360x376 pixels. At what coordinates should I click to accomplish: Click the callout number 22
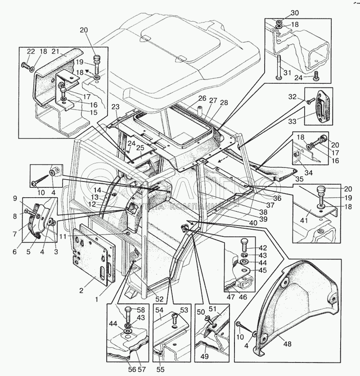pos(30,52)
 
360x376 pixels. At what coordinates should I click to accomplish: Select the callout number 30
pos(282,12)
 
